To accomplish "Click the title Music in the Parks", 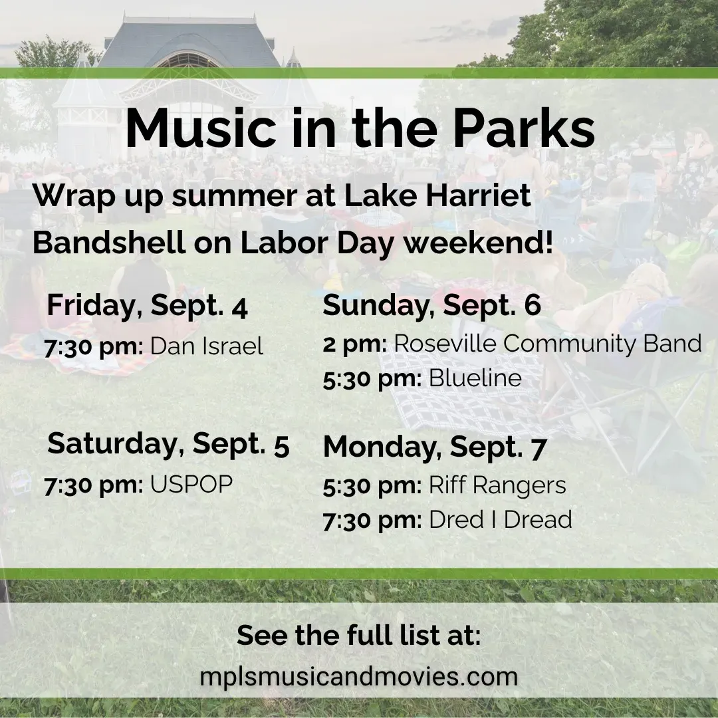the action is click(360, 128).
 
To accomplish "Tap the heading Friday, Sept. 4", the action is click(148, 305).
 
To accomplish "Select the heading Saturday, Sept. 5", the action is click(168, 444).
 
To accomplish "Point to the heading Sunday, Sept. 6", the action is click(432, 305).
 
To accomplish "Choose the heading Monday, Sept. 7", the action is click(435, 447).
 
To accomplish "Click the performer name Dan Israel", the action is click(207, 346).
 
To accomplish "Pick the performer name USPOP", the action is click(191, 485).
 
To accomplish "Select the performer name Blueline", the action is click(475, 378).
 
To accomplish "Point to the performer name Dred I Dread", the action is click(501, 520).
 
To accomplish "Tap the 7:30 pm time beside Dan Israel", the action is click(94, 347).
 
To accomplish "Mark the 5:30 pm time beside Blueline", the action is click(372, 380).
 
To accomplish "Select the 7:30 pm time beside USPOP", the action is click(94, 485).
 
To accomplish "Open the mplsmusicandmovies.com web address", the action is click(359, 677).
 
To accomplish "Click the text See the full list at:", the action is click(359, 636).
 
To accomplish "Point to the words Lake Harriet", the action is click(437, 195).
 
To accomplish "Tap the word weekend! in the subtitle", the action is click(478, 243).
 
